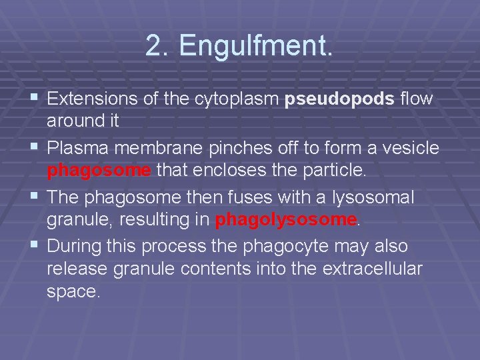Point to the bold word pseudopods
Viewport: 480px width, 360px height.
(x=339, y=99)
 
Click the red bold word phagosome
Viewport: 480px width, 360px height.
(x=99, y=171)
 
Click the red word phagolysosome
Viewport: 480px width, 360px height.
(x=285, y=220)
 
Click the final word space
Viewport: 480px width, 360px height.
(x=73, y=292)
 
